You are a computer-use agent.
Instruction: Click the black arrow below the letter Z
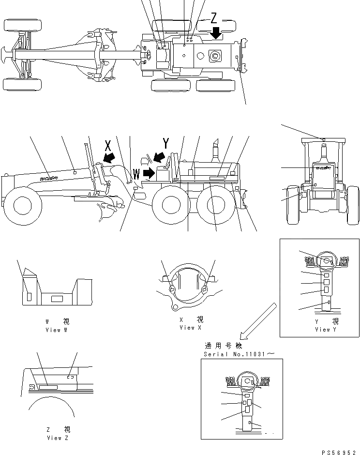pos(216,33)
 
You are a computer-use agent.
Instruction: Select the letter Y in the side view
pos(166,143)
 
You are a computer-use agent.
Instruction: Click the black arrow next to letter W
pos(149,172)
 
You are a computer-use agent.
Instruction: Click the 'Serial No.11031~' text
pos(239,354)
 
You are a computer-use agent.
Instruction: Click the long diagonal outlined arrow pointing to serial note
pos(258,321)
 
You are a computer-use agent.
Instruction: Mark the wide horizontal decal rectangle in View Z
pos(49,388)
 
